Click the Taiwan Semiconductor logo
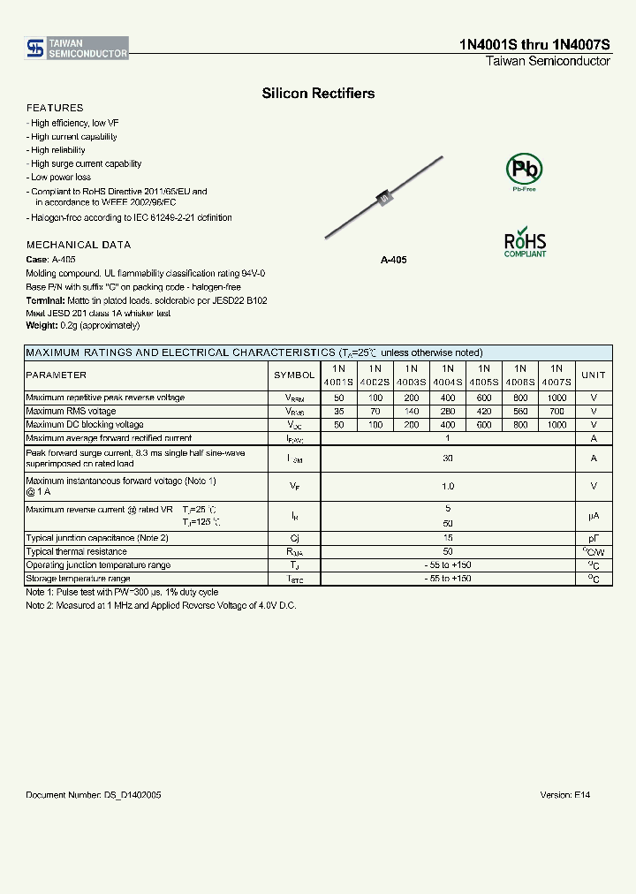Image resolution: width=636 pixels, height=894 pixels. pos(77,48)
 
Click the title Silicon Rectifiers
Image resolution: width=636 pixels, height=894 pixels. pos(318,93)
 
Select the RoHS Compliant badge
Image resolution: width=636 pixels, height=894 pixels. pos(525,243)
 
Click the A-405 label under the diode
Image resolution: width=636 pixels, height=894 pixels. pos(393,261)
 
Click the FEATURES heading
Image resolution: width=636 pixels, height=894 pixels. pos(55,108)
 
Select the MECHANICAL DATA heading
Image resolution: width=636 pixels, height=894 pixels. pos(79,245)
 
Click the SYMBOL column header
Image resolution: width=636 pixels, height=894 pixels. pos(294,375)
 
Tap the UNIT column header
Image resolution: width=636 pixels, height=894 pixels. pos(594,375)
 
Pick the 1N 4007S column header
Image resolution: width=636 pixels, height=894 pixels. pos(556,375)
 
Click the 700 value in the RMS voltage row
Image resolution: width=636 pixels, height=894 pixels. pos(556,411)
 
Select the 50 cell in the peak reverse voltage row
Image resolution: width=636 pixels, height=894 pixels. pos(338,398)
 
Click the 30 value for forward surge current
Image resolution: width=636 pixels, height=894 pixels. pos(448,458)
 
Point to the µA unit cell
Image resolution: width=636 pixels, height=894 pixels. pos(594,516)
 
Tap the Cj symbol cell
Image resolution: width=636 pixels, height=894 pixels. pos(294,538)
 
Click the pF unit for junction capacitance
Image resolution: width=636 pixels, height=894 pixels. pos(594,538)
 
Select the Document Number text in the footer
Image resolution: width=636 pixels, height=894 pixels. pos(94,795)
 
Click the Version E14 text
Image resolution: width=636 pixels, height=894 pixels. pos(564,795)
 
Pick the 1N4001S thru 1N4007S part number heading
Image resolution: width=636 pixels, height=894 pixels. pos(534,45)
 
